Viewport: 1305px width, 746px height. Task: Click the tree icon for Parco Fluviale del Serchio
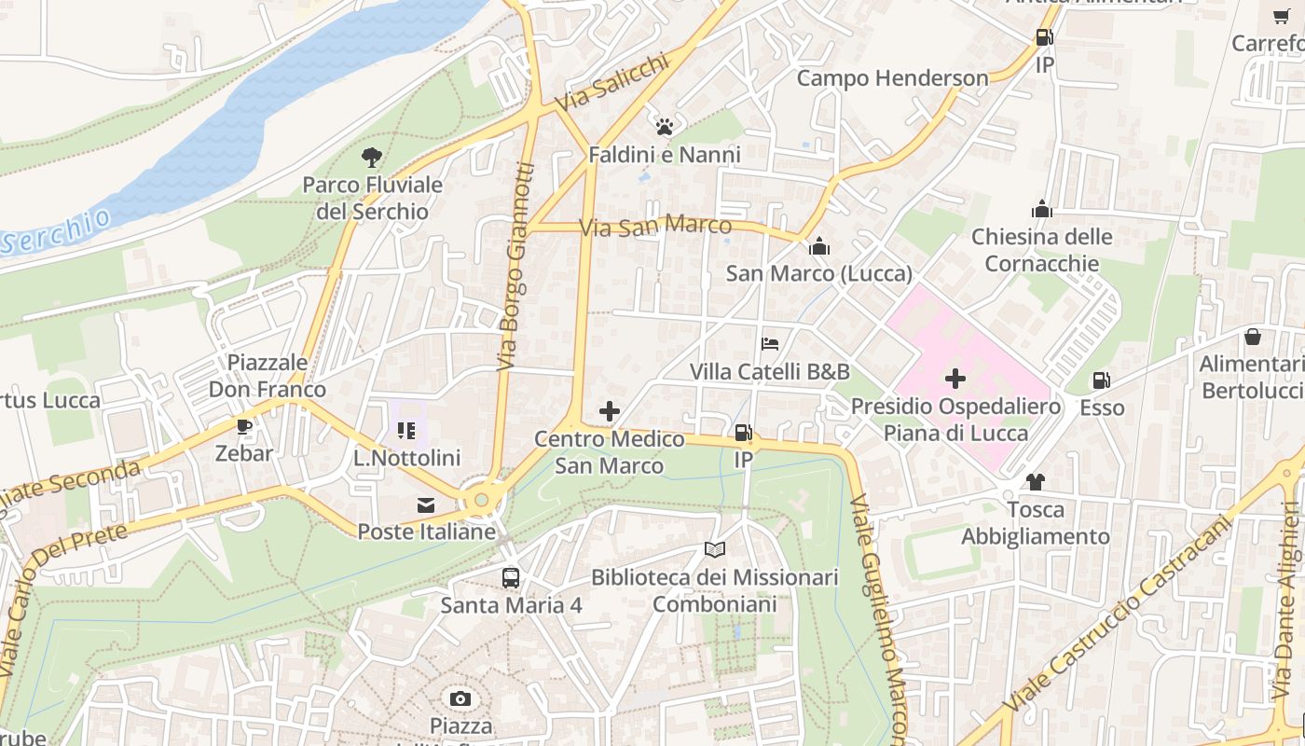click(x=372, y=158)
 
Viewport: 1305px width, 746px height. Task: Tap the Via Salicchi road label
click(x=612, y=82)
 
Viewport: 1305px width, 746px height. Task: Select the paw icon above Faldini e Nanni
click(x=665, y=127)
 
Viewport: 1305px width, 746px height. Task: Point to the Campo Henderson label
click(x=892, y=78)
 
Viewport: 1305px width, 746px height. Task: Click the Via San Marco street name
click(x=655, y=227)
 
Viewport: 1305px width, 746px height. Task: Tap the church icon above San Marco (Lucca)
click(x=819, y=246)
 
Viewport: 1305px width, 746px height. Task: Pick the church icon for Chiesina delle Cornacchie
click(x=1042, y=210)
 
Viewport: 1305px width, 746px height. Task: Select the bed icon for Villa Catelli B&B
click(x=770, y=344)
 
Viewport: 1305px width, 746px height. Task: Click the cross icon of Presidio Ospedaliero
click(x=955, y=379)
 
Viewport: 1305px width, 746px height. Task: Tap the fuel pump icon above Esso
click(x=1102, y=380)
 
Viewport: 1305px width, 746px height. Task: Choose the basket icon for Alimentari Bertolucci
click(x=1253, y=337)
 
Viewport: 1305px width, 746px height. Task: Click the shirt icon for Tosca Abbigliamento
click(x=1036, y=482)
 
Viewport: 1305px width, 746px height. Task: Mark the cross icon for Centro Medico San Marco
click(x=610, y=411)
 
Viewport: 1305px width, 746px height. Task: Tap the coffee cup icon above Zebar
click(x=244, y=427)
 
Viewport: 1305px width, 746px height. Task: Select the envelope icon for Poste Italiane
click(x=426, y=505)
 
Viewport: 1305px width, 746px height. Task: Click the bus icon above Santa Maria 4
click(x=511, y=577)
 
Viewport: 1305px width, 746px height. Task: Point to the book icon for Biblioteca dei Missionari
click(x=715, y=550)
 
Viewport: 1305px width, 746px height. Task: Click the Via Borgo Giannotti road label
click(x=515, y=266)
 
